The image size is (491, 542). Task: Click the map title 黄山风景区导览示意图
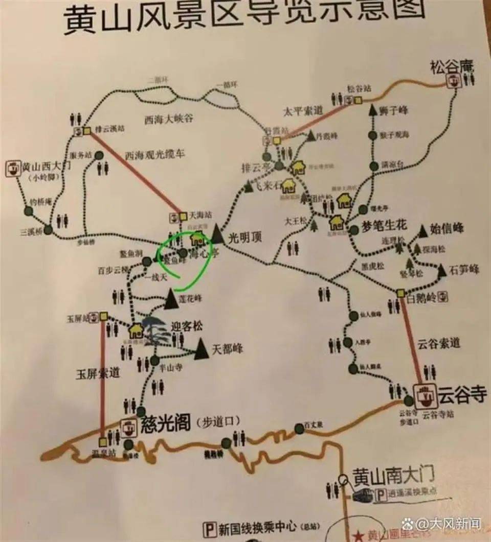244,17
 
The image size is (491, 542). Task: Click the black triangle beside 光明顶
217,233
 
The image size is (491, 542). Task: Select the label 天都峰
227,350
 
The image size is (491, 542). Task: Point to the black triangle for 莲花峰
170,299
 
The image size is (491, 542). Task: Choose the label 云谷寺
461,395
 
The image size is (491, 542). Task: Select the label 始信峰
449,229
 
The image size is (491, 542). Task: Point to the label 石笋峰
464,270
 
